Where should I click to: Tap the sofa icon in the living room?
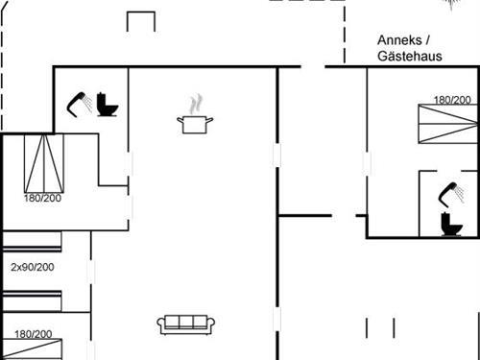coord(186,324)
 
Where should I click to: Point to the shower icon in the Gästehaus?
coord(447,195)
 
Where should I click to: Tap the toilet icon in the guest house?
coord(448,225)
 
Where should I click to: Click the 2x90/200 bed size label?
coord(32,268)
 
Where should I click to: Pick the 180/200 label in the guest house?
coord(452,100)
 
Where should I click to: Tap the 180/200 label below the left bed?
coord(42,199)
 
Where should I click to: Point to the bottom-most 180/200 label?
coord(33,334)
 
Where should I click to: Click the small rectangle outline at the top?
coord(141,21)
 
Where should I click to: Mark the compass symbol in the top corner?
coord(451,4)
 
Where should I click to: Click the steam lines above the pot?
coord(196,103)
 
